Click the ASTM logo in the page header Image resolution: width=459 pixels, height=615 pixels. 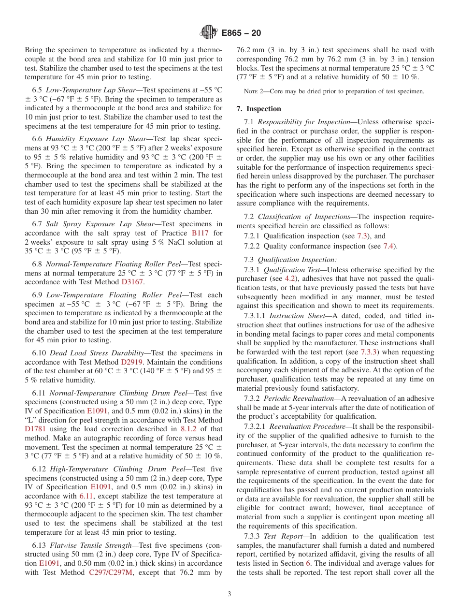208,33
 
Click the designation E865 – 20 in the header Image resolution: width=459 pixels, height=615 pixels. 241,33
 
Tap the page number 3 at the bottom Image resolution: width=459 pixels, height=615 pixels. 229,594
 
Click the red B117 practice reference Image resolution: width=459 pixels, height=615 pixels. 201,233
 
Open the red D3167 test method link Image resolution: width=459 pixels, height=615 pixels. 132,282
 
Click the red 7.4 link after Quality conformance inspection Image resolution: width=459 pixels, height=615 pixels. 388,246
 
